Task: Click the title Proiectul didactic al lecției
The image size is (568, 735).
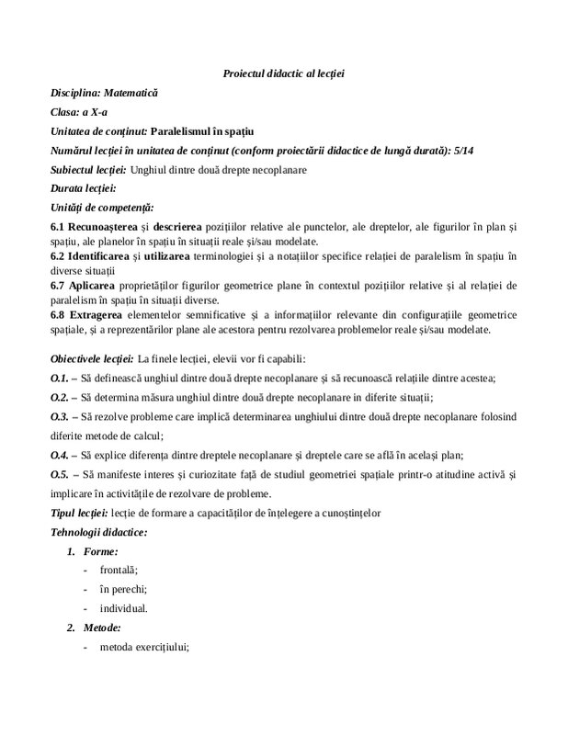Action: pos(283,73)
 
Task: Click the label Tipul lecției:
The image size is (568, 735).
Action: pos(77,511)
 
